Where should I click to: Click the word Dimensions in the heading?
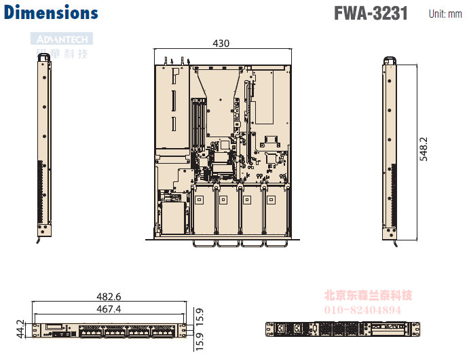[x=51, y=12]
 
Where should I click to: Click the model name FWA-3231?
[x=371, y=13]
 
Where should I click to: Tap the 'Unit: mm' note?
[x=445, y=14]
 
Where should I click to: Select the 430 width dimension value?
[x=221, y=43]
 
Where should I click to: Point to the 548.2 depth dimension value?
[x=424, y=149]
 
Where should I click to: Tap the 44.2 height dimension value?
[x=20, y=329]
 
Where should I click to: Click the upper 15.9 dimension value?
[x=199, y=316]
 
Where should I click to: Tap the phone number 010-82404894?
[x=367, y=309]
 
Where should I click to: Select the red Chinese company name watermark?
[x=369, y=295]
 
